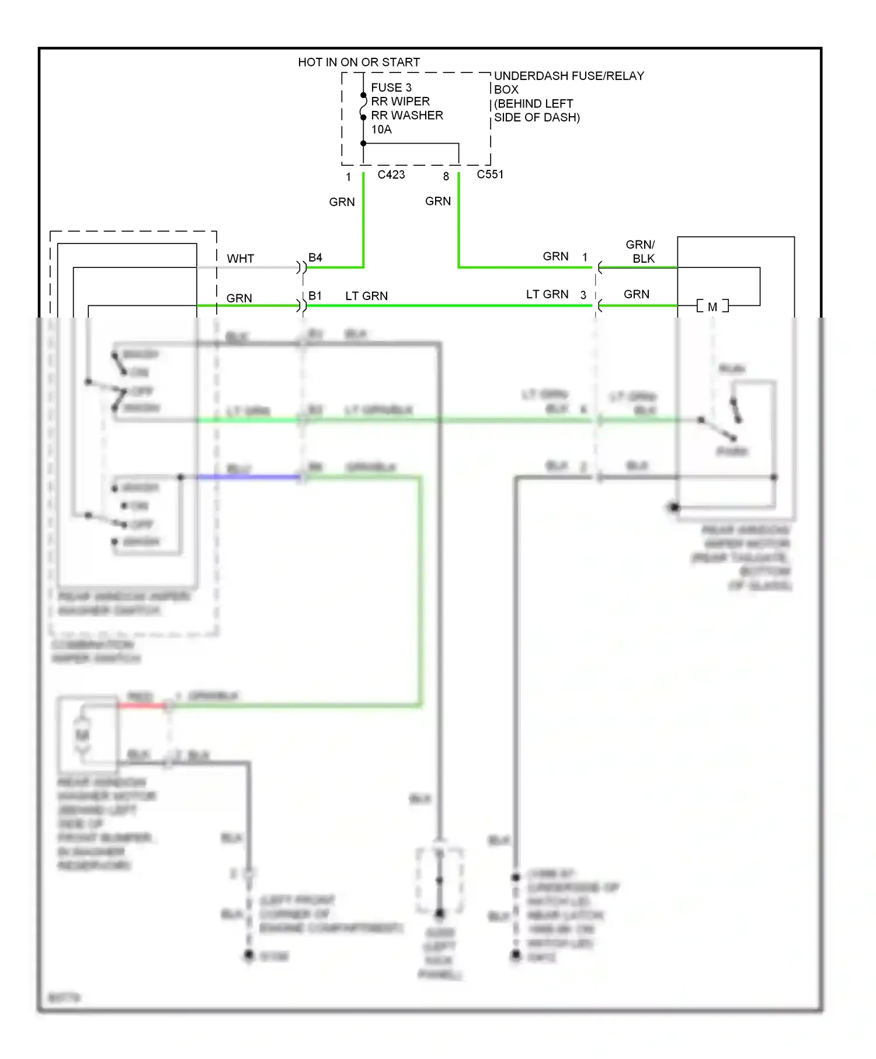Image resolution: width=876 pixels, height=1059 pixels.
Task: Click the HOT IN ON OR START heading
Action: click(359, 62)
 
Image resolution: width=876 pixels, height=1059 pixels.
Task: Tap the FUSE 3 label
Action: click(391, 88)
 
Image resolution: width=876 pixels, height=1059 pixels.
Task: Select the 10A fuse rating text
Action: click(381, 130)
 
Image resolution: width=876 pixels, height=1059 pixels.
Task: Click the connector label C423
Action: click(391, 175)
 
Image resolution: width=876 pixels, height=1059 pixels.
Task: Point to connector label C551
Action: click(489, 175)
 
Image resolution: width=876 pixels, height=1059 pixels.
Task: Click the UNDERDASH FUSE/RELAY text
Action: click(569, 76)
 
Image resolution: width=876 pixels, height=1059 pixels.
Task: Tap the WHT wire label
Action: click(240, 259)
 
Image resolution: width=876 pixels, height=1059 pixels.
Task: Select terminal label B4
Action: click(315, 257)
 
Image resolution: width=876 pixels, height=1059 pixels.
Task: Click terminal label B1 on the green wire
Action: click(315, 296)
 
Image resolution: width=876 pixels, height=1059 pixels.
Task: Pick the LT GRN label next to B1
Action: click(366, 296)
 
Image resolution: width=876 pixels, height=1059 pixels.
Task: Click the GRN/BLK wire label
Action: click(641, 251)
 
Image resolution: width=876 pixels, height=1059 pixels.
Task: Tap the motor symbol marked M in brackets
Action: click(712, 306)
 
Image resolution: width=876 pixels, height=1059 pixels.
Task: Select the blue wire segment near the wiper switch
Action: click(248, 477)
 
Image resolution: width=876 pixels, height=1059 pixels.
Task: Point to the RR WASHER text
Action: click(407, 116)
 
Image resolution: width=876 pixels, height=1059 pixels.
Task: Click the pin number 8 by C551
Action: click(446, 176)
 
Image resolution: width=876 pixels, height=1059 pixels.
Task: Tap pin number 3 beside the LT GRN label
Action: click(583, 295)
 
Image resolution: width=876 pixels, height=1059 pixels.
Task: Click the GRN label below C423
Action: click(342, 202)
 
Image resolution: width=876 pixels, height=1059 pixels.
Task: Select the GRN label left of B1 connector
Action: click(239, 298)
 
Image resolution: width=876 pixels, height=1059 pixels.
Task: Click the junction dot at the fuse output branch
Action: click(363, 144)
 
